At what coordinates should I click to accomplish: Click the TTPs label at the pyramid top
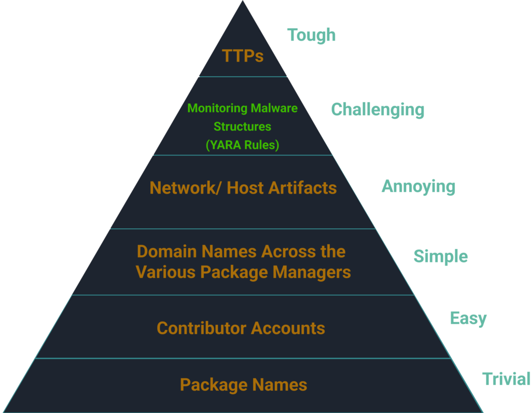tap(243, 56)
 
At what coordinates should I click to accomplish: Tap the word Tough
tap(311, 35)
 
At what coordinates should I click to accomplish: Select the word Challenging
tap(378, 110)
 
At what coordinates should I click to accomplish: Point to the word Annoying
tap(418, 187)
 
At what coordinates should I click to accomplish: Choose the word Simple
tap(440, 256)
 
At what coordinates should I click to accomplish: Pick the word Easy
tap(468, 318)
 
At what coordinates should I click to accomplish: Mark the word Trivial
tap(506, 379)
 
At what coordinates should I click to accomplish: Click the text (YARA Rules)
tap(242, 145)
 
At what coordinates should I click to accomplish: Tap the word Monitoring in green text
tap(217, 108)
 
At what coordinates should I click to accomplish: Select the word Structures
tap(242, 127)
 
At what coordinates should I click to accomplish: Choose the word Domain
tap(166, 252)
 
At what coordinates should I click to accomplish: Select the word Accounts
tap(288, 328)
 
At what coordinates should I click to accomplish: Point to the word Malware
tap(274, 108)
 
